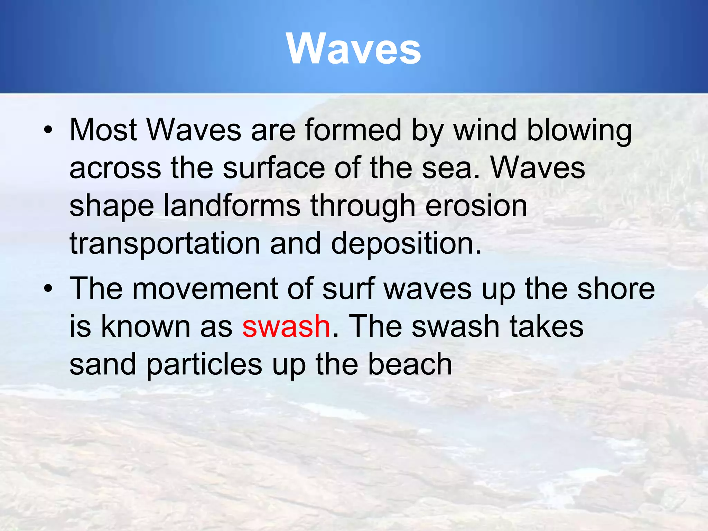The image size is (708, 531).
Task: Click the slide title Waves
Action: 353,49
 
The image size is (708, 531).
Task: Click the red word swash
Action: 286,327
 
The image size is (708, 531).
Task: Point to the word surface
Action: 273,168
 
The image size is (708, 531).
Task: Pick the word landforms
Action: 231,206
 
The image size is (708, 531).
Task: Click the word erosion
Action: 476,206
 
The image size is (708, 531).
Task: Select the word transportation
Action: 165,244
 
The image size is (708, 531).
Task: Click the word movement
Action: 205,289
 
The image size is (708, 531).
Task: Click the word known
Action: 145,327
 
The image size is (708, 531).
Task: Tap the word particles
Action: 204,365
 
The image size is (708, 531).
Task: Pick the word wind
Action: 484,130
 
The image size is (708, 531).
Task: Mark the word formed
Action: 353,130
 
